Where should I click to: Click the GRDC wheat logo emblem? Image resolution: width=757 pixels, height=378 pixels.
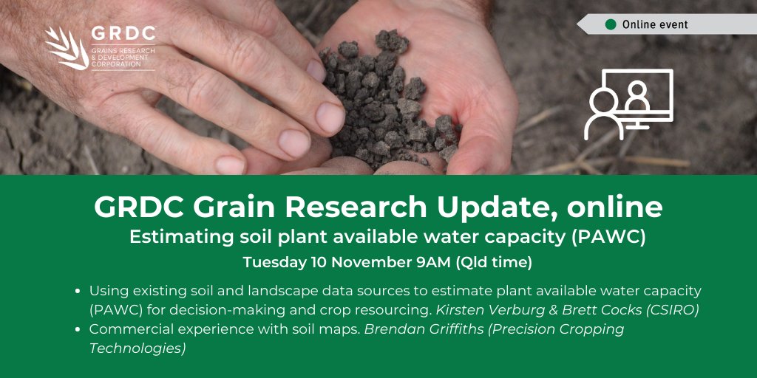click(65, 48)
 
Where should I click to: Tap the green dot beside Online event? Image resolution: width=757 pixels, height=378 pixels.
click(611, 24)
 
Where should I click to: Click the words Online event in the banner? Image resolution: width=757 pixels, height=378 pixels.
click(655, 24)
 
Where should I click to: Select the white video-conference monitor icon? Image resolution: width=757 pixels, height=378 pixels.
click(628, 103)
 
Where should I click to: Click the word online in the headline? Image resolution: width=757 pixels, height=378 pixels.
click(615, 208)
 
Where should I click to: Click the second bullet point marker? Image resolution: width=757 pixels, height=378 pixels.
click(79, 329)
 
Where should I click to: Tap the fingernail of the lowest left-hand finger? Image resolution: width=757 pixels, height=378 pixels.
click(230, 165)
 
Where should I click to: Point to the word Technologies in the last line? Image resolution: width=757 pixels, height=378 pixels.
click(138, 348)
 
